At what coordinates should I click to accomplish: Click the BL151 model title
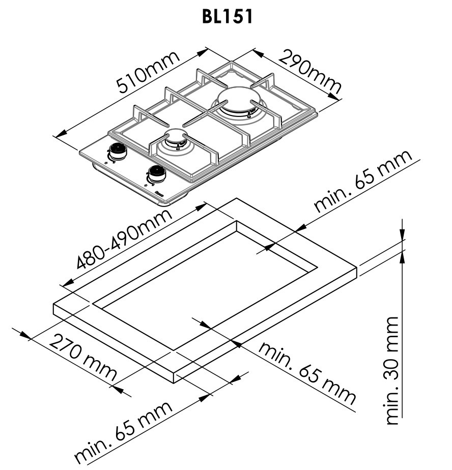tap(227, 16)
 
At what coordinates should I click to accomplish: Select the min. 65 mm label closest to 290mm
tap(363, 182)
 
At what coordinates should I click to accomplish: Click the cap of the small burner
tap(175, 137)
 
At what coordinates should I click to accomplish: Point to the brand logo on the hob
tap(159, 193)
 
